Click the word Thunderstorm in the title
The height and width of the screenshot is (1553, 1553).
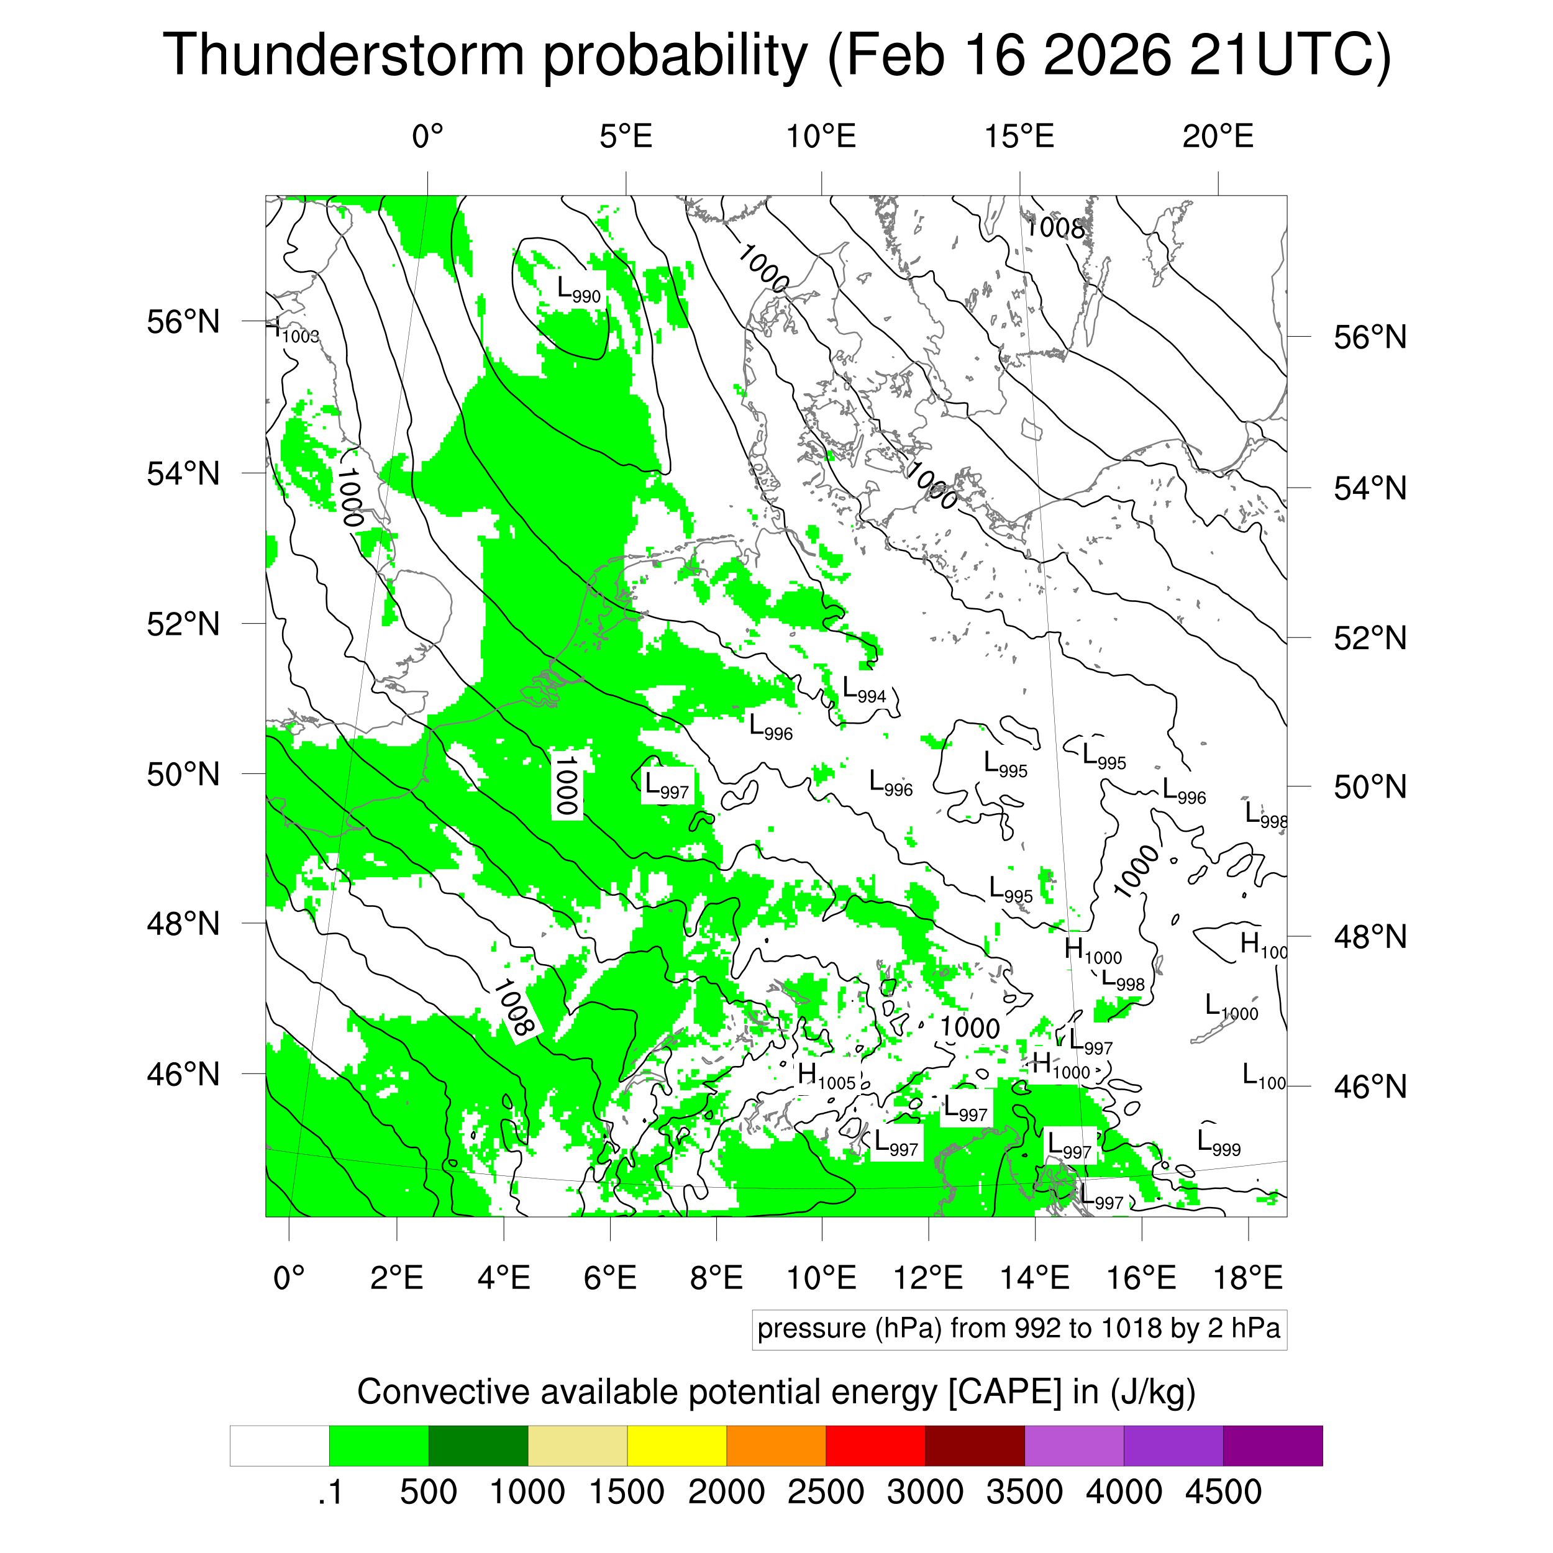[345, 55]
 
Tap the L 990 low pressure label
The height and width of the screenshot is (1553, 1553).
[579, 289]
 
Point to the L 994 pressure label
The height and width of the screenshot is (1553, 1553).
[864, 690]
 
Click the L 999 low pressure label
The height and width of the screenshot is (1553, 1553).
[1219, 1142]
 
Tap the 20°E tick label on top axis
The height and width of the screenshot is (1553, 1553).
[1218, 137]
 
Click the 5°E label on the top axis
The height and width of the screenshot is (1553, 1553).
[626, 137]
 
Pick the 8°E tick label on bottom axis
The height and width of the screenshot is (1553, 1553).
[716, 1277]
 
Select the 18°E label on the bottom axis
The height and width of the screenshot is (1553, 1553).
[1247, 1277]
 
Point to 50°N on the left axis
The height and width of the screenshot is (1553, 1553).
[183, 774]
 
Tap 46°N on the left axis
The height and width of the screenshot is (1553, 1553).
[183, 1074]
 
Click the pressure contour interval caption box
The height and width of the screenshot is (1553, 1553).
[1019, 1328]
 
